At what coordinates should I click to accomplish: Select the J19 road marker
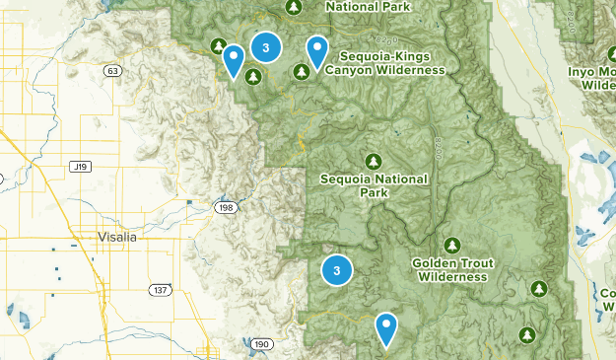(80, 168)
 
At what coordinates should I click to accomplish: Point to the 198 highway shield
(227, 208)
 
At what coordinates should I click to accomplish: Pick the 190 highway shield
(261, 343)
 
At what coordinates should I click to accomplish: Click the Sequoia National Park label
(374, 185)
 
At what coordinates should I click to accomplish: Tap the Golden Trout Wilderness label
(451, 270)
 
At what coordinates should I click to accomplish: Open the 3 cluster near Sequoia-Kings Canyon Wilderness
(265, 46)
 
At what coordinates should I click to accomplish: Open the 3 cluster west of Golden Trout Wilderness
(337, 269)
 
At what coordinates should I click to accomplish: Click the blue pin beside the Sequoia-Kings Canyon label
(317, 51)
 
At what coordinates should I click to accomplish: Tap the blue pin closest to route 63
(234, 60)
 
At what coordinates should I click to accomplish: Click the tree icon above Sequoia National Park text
(373, 161)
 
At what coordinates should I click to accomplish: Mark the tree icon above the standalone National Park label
(294, 7)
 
